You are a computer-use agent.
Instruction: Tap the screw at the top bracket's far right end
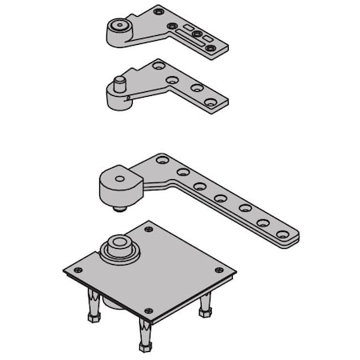(x=210, y=48)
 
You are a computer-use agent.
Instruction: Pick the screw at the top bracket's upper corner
(x=159, y=11)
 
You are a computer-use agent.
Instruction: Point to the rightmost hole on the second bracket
(x=210, y=102)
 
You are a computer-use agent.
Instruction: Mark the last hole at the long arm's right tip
(x=282, y=234)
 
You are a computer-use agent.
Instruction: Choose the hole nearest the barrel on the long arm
(x=162, y=161)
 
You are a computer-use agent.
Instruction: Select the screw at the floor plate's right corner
(x=216, y=272)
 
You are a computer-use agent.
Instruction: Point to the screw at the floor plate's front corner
(x=147, y=310)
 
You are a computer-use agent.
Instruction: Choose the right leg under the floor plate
(x=205, y=304)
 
